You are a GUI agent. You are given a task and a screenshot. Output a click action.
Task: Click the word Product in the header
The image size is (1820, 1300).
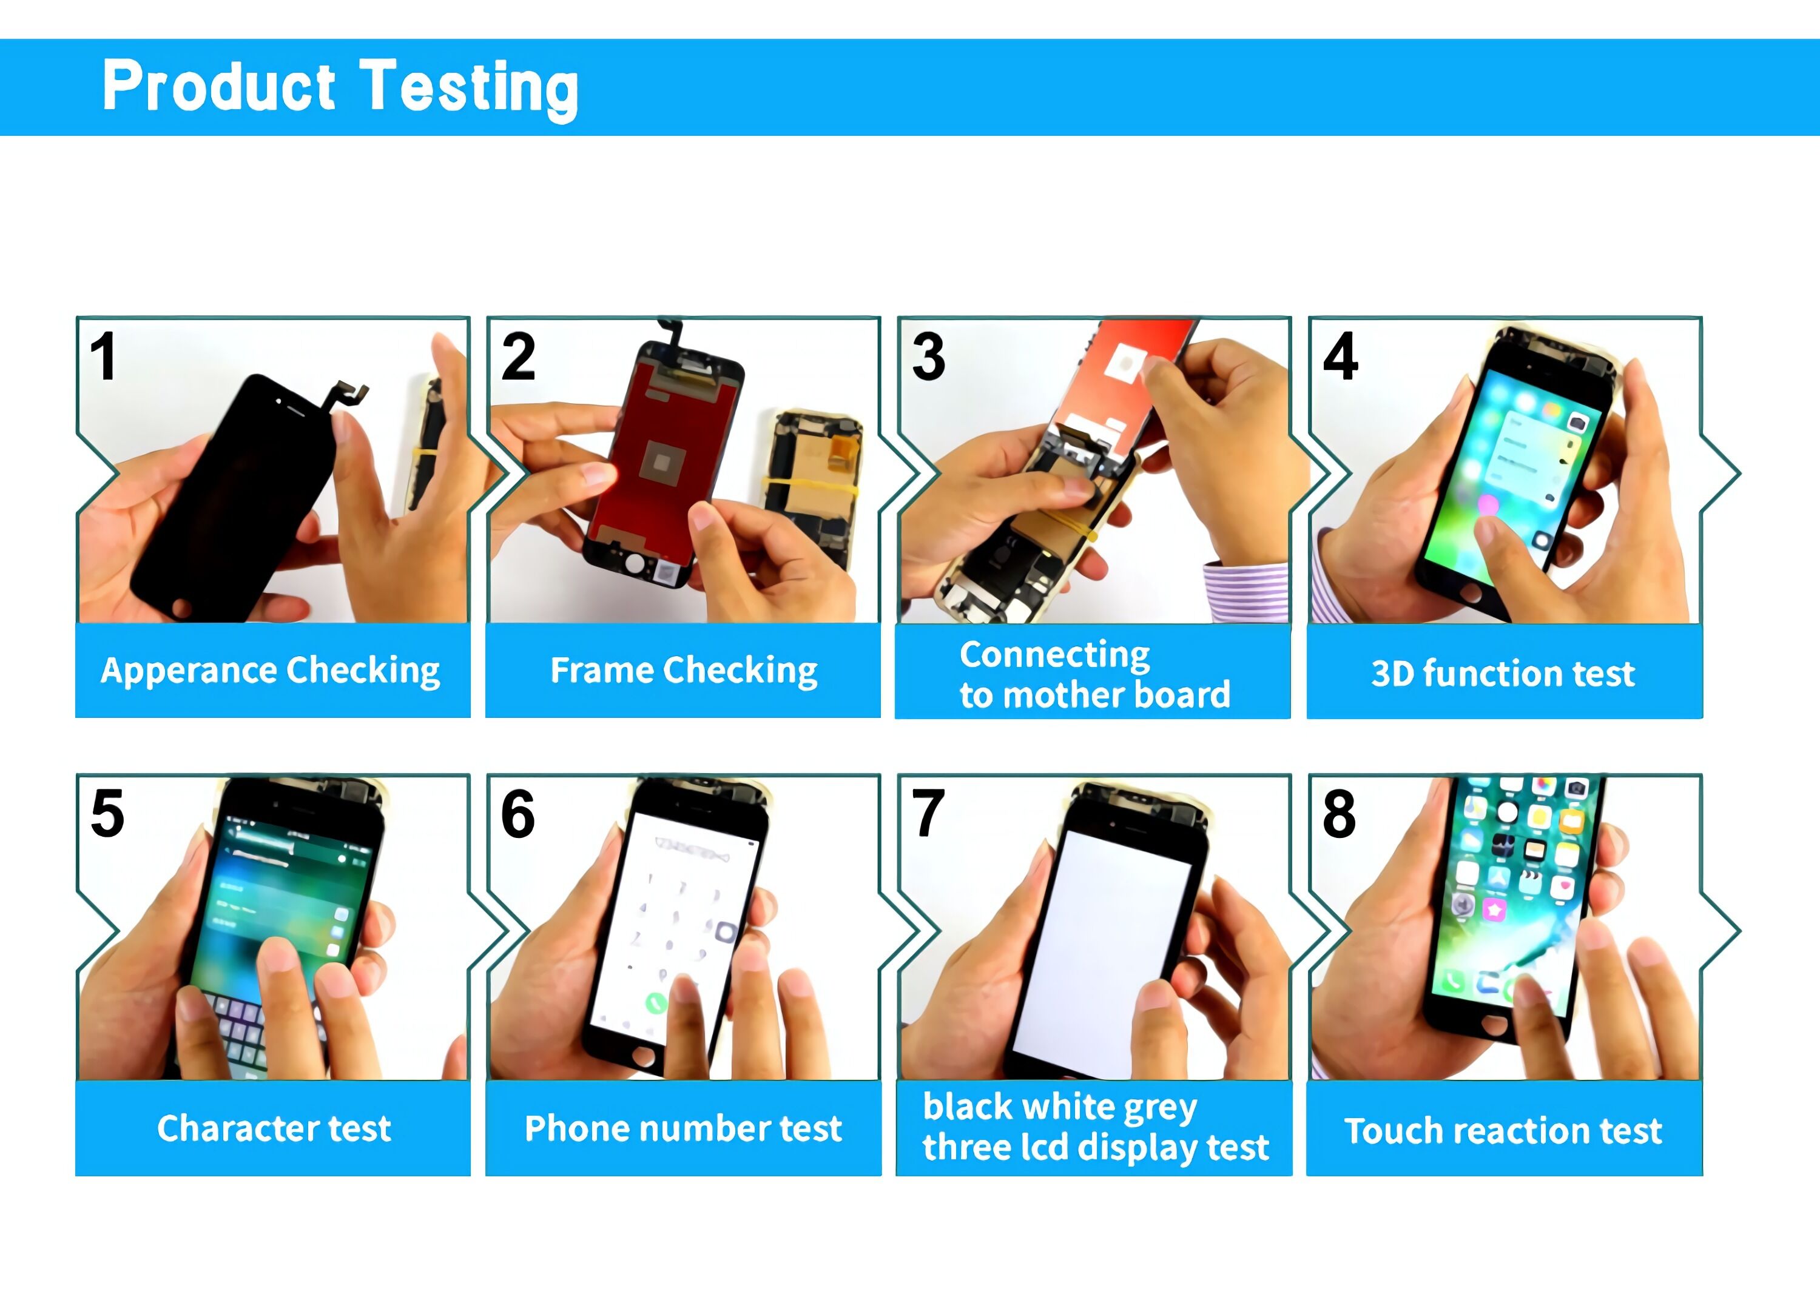218,87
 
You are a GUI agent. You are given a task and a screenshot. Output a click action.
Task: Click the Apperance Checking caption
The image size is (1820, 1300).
271,671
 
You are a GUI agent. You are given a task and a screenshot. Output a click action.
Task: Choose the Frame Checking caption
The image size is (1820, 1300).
683,671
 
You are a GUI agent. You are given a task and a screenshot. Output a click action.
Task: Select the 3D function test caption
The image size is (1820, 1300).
1503,673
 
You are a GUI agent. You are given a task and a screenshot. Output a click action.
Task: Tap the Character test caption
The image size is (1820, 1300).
274,1128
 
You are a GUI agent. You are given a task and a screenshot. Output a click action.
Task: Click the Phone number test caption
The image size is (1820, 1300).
683,1128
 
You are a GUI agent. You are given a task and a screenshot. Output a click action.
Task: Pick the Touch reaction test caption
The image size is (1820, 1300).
1503,1131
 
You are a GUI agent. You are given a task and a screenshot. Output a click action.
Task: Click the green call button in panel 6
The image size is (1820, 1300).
656,1002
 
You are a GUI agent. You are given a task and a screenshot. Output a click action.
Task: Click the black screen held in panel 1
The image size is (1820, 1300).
232,497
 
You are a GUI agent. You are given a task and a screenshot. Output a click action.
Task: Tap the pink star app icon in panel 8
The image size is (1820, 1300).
1494,910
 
